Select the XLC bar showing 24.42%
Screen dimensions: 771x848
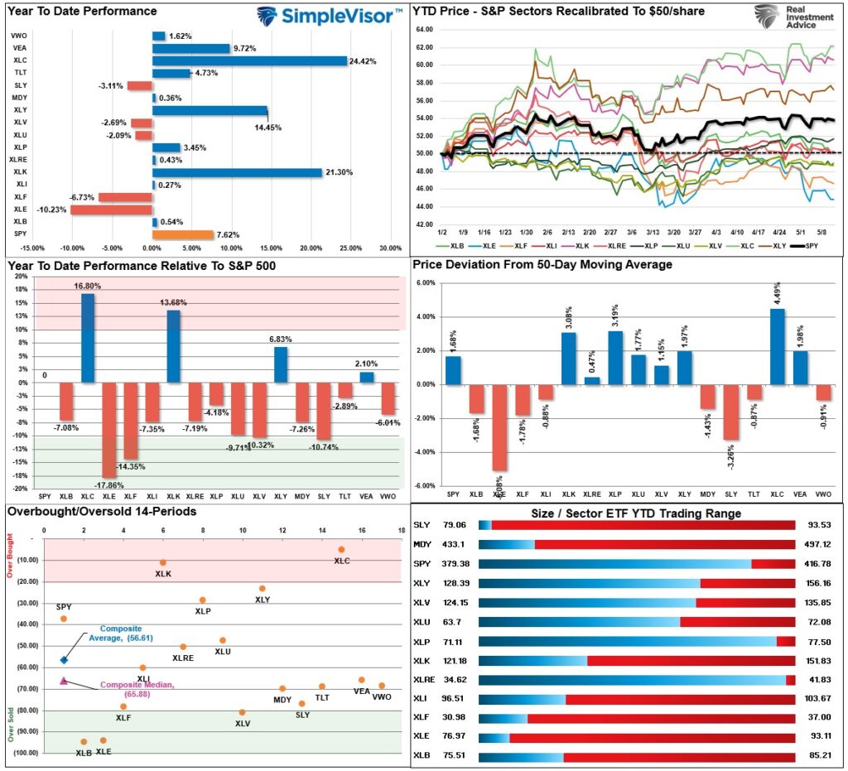tap(249, 60)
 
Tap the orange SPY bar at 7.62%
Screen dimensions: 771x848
tap(182, 234)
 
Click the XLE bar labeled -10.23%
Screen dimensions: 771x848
tap(111, 210)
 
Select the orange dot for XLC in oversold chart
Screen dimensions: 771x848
tap(341, 549)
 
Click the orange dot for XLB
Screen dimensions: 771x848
tap(84, 742)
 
